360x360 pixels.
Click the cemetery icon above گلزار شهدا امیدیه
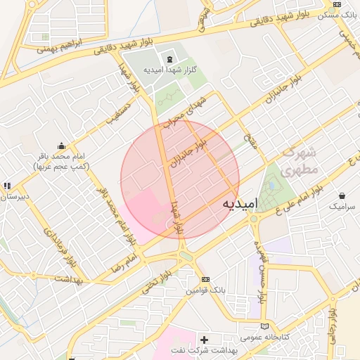click(x=169, y=57)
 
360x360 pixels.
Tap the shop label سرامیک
click(x=342, y=207)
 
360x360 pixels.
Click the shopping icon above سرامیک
click(x=342, y=195)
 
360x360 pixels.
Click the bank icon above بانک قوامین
click(x=205, y=280)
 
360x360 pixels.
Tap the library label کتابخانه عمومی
click(x=266, y=337)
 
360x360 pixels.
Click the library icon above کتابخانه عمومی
click(x=264, y=327)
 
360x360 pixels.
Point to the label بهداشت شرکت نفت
click(x=205, y=350)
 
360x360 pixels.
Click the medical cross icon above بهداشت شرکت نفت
click(x=205, y=340)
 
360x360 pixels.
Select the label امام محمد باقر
click(x=60, y=156)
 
